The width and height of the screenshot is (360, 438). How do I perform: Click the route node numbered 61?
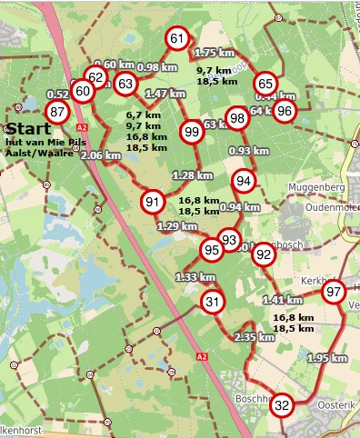click(177, 38)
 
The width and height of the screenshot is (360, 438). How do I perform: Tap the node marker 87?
click(59, 111)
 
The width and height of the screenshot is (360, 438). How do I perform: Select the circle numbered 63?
click(125, 85)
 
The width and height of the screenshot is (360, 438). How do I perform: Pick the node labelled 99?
click(192, 132)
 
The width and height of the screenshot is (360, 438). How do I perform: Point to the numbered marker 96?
click(285, 111)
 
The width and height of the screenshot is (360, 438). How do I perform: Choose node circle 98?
click(238, 118)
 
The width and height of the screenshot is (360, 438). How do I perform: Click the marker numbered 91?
click(153, 202)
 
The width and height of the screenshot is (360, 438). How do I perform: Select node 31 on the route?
click(213, 303)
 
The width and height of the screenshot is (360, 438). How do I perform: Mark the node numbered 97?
click(334, 292)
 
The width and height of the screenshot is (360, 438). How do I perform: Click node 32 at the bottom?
click(282, 405)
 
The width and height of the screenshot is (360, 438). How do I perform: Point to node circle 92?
click(264, 254)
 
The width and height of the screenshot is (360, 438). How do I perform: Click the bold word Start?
click(28, 129)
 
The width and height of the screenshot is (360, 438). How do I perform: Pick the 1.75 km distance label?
click(215, 54)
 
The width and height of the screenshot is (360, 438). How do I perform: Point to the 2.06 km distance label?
click(102, 155)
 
